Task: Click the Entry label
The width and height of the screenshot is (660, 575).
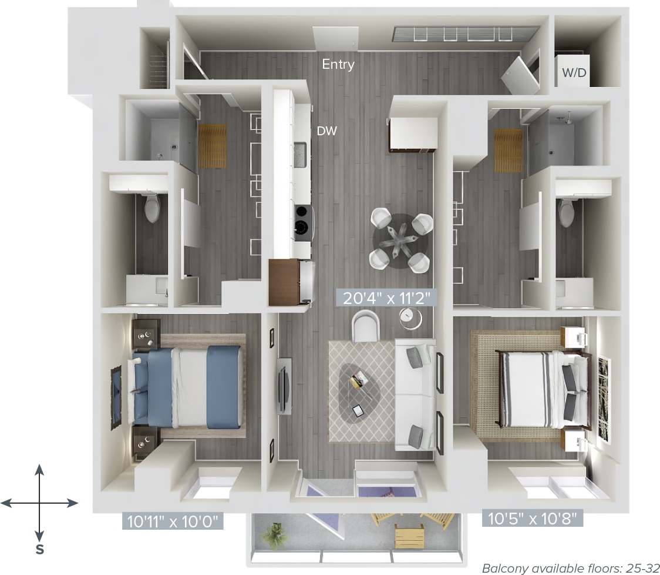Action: [338, 64]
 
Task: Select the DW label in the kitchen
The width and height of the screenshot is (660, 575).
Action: [327, 131]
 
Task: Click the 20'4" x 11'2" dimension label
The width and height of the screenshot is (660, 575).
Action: [386, 297]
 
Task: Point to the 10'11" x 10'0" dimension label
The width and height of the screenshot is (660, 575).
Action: [173, 520]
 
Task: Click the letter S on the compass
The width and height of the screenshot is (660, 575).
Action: [39, 550]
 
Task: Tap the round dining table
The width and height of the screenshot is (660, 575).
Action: [402, 241]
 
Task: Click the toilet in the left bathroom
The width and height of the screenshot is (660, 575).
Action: [152, 208]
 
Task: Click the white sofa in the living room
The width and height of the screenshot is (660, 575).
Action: [415, 395]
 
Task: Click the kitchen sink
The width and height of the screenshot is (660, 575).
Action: [301, 155]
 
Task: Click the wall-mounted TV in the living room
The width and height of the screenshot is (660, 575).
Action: [283, 385]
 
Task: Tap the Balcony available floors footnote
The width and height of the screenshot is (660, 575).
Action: [568, 568]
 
